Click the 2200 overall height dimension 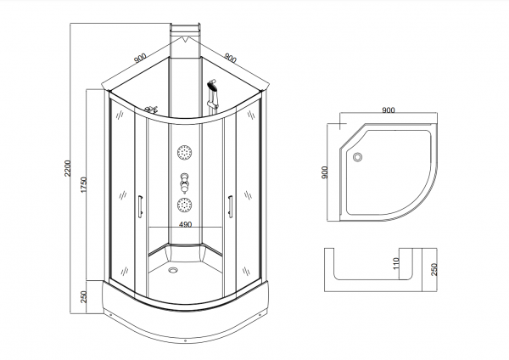pos(67,168)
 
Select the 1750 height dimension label pos(83,185)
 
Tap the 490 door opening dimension pos(185,224)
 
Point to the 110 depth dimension pos(395,263)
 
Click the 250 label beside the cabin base pos(83,297)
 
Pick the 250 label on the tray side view pos(434,269)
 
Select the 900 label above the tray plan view pos(389,110)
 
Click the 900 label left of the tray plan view pos(324,172)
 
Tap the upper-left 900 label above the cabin pos(140,58)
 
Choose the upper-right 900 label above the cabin pos(231,58)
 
